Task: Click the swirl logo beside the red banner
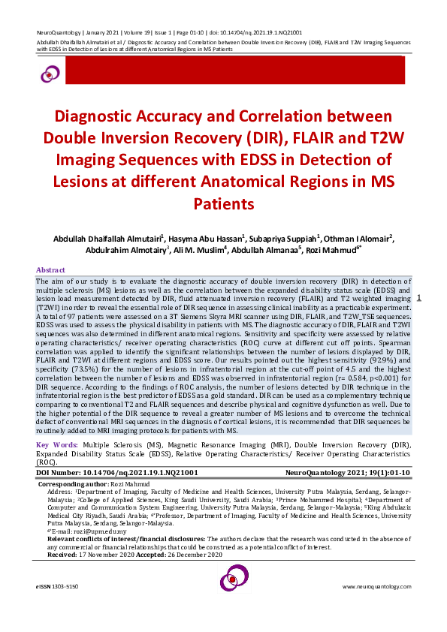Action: pos(50,72)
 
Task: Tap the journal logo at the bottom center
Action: pos(233,580)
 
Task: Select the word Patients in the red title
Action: pos(224,203)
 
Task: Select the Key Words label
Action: pos(56,446)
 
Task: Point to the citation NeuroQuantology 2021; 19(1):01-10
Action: pos(348,474)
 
